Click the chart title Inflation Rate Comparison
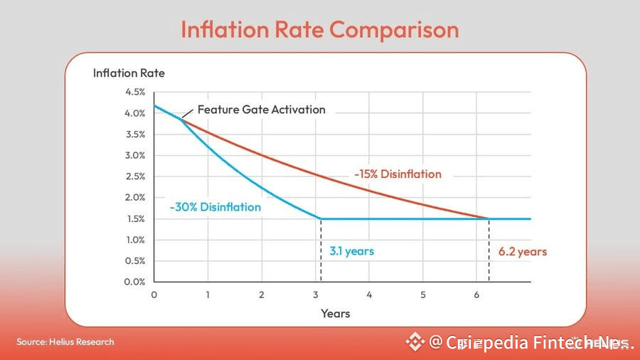pyautogui.click(x=319, y=29)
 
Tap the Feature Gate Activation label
pyautogui.click(x=261, y=110)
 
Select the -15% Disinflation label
pyautogui.click(x=398, y=174)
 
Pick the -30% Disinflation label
pyautogui.click(x=215, y=207)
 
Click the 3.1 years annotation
pyautogui.click(x=351, y=251)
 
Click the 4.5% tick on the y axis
pyautogui.click(x=135, y=92)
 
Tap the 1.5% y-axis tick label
pyautogui.click(x=135, y=218)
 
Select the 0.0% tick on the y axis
pyautogui.click(x=135, y=282)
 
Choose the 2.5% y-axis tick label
pyautogui.click(x=135, y=176)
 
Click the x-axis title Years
pyautogui.click(x=335, y=313)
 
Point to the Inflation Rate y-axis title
pyautogui.click(x=129, y=73)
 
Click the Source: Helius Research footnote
pyautogui.click(x=65, y=342)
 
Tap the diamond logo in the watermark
pyautogui.click(x=415, y=342)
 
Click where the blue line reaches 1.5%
pyautogui.click(x=321, y=218)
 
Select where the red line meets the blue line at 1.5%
pyautogui.click(x=489, y=218)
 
